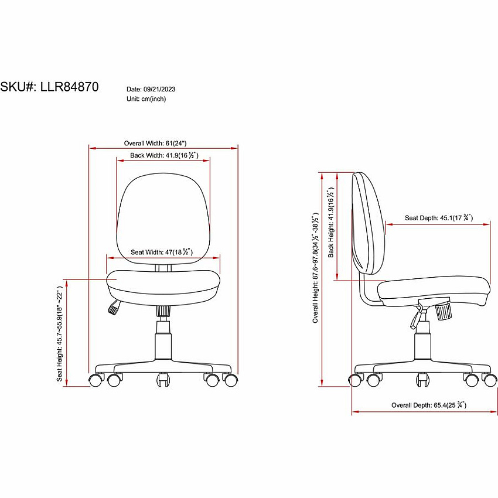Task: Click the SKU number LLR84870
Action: tap(69, 87)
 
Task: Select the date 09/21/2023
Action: tap(159, 89)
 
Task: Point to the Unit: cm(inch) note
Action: tap(146, 99)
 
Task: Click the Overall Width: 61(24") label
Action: tap(155, 143)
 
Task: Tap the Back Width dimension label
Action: tap(164, 155)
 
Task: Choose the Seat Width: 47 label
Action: tap(162, 252)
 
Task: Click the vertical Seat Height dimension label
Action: tap(59, 334)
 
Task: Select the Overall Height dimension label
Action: tap(315, 268)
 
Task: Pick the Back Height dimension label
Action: tap(331, 222)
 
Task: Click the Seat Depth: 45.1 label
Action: tap(439, 218)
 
